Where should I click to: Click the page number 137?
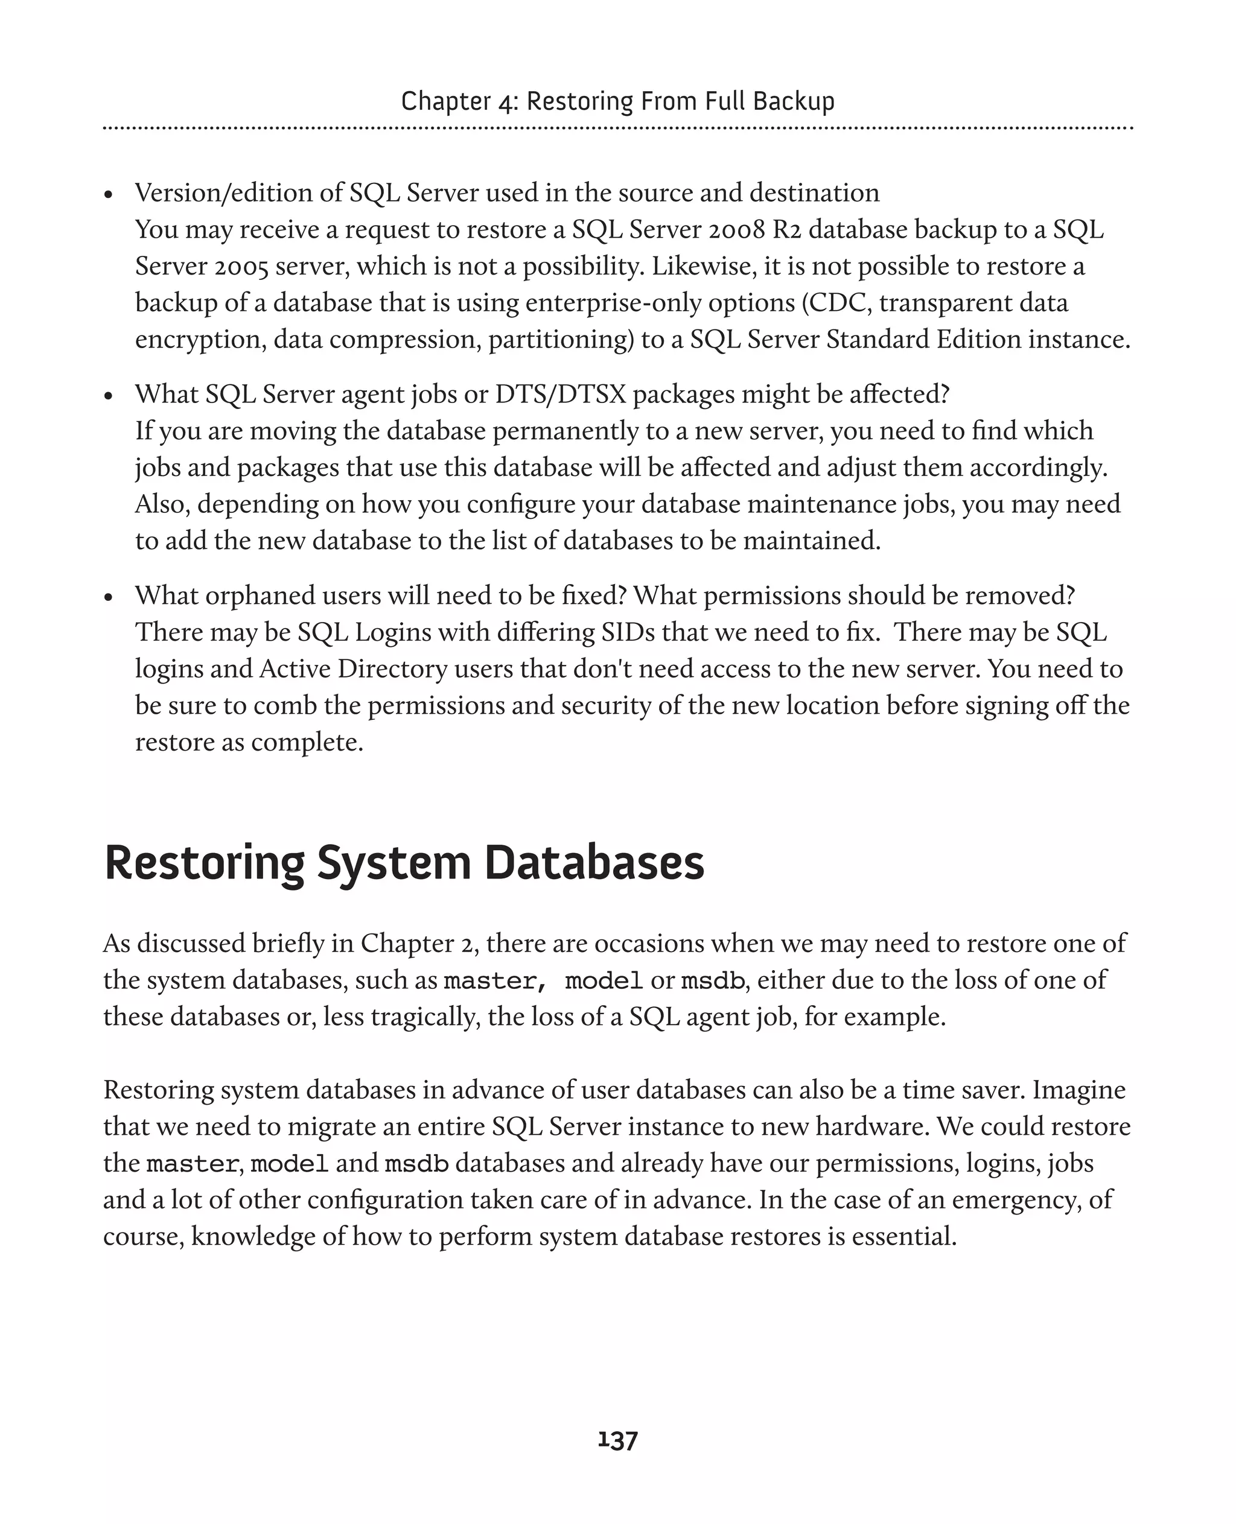click(617, 1441)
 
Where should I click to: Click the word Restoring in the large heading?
click(205, 863)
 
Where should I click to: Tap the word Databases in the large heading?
click(594, 863)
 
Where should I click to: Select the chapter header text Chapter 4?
click(459, 101)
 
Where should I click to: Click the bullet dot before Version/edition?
click(108, 195)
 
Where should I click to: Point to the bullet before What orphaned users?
click(108, 598)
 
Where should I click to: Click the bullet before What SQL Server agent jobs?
click(108, 396)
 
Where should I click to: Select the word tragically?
click(425, 1017)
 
